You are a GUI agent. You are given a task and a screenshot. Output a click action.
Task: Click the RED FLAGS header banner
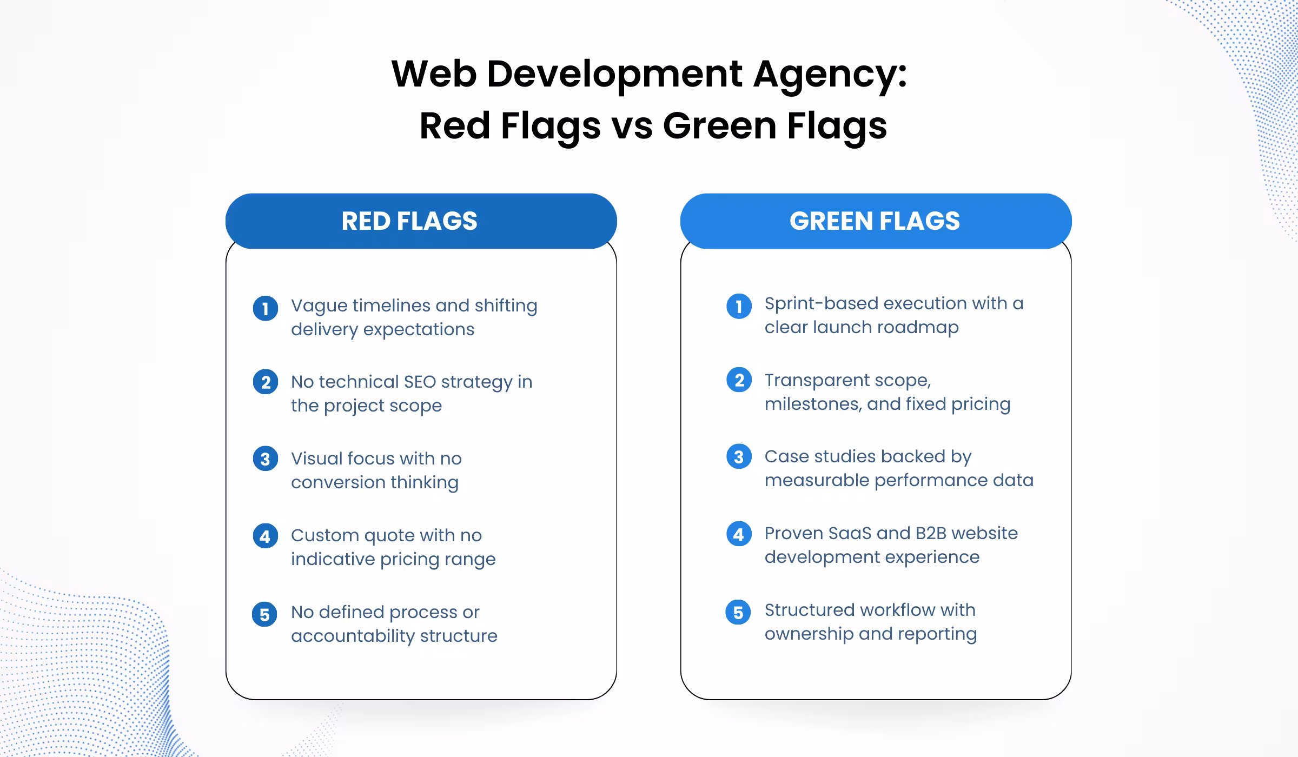(421, 221)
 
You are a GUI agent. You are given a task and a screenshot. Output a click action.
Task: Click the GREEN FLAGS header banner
(875, 221)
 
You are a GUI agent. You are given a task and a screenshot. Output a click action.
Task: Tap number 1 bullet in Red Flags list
(265, 308)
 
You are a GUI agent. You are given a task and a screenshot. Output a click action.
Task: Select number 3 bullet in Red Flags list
(265, 459)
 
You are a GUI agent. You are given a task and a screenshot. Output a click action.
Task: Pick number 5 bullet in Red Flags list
(264, 614)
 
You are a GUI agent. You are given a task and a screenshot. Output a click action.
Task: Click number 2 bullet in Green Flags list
(739, 380)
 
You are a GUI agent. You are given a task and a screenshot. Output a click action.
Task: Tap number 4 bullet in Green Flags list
(739, 534)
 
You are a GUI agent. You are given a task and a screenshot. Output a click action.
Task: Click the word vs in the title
(632, 126)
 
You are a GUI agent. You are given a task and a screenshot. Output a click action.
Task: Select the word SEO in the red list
(420, 382)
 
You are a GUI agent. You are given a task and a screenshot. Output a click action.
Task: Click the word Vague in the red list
(319, 306)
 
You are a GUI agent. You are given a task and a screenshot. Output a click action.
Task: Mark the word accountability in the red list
(353, 636)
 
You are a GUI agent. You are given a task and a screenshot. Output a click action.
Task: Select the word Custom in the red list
(325, 535)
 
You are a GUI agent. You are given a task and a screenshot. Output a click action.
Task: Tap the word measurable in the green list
(817, 480)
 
